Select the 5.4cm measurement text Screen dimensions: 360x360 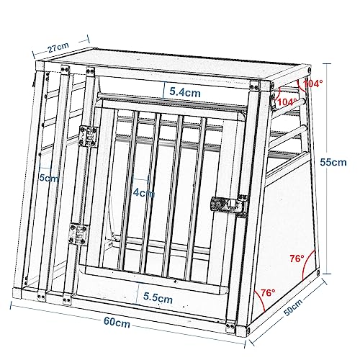tap(185, 91)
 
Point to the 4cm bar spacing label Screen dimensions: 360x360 tap(144, 193)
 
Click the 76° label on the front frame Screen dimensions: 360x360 tap(266, 293)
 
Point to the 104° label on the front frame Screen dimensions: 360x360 tap(287, 102)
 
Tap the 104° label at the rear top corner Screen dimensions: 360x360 tap(311, 84)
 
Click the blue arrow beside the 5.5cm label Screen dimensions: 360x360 tap(136, 293)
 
